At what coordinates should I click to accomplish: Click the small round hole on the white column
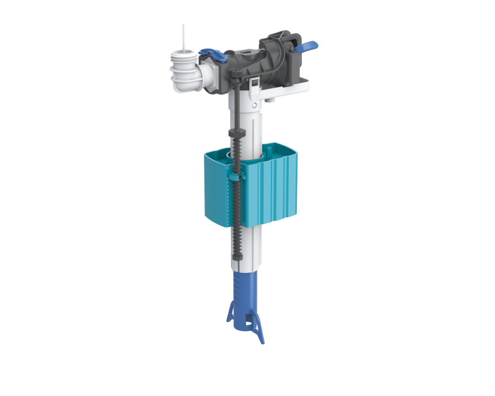coord(253,105)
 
